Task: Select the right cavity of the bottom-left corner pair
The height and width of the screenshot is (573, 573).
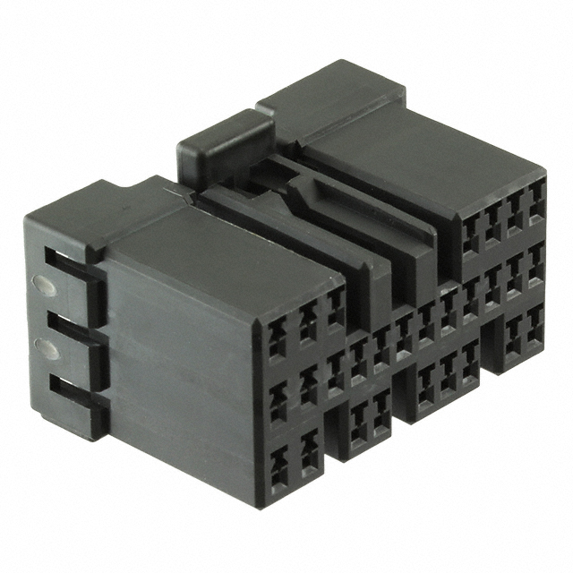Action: click(x=309, y=452)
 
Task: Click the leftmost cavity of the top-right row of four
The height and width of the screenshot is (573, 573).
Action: click(x=470, y=235)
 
